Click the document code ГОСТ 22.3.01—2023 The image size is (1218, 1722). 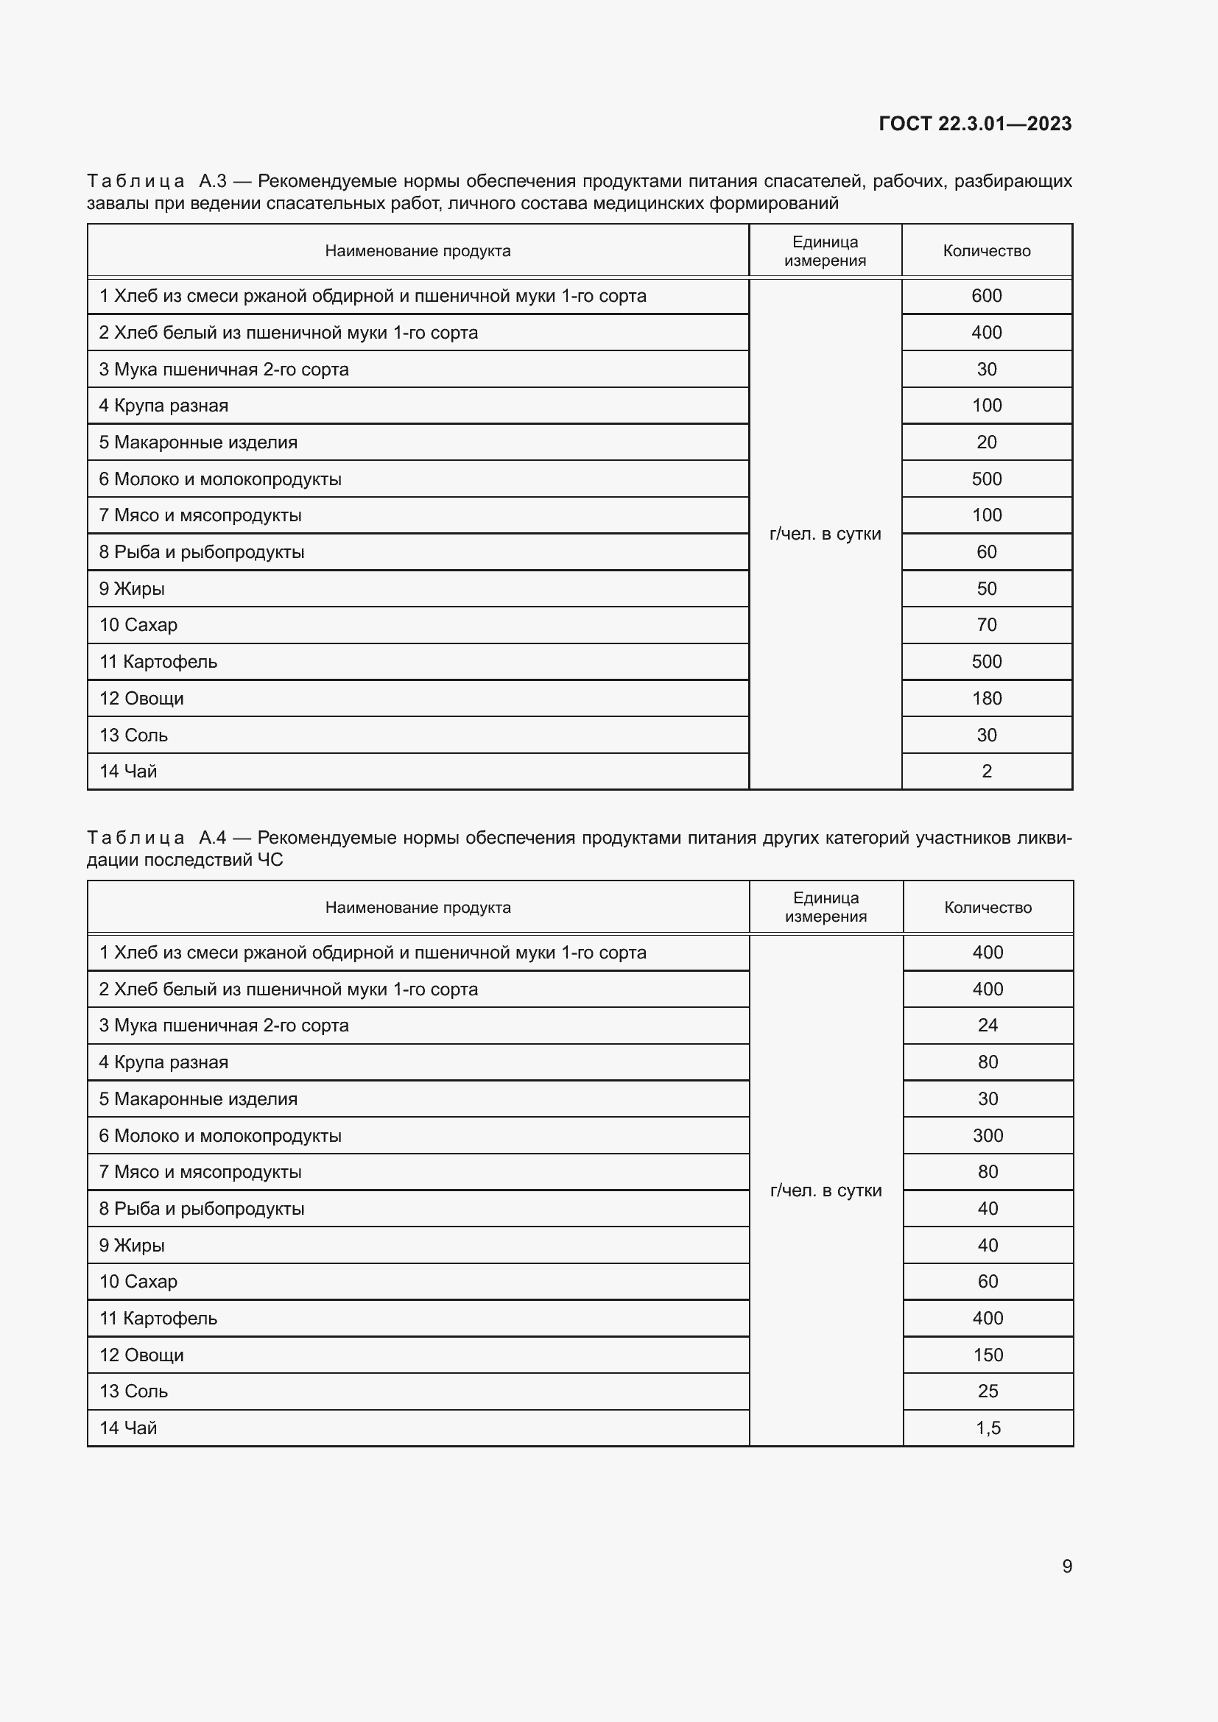point(974,124)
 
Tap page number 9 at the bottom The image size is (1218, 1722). point(1066,1566)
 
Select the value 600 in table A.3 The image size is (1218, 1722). point(985,295)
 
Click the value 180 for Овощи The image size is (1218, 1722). point(985,698)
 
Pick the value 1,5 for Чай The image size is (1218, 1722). point(987,1428)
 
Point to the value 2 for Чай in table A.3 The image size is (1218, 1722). point(985,771)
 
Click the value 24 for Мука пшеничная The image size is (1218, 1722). point(987,1026)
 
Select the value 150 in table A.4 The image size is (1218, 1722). point(987,1355)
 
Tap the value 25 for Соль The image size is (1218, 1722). point(987,1391)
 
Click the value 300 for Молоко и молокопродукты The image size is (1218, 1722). point(987,1135)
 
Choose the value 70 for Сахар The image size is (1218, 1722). point(985,625)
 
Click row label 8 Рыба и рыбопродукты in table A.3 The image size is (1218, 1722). point(202,552)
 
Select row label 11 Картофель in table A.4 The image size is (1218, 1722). point(158,1319)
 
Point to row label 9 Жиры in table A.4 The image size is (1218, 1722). point(132,1245)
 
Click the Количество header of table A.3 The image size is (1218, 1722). point(985,251)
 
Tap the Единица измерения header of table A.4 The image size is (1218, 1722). point(825,908)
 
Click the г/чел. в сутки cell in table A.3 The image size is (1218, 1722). point(824,534)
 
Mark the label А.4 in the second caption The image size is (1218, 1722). point(212,838)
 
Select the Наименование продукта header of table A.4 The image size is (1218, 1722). point(418,908)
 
